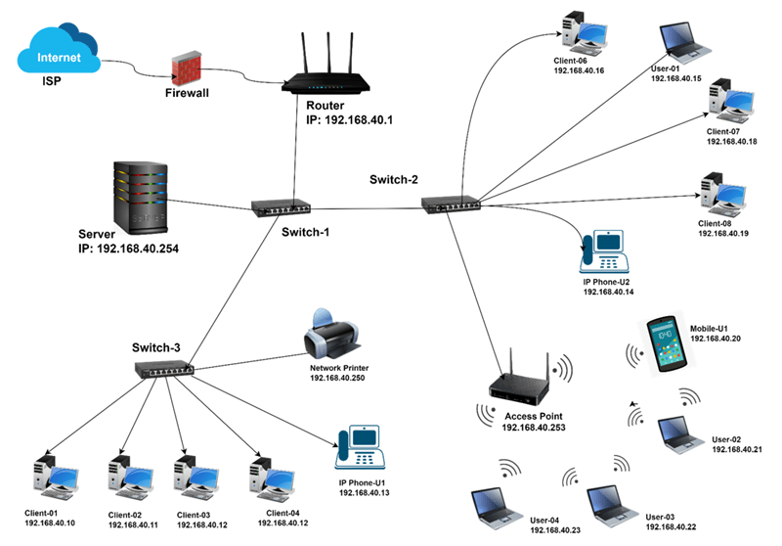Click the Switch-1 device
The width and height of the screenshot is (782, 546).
(x=282, y=207)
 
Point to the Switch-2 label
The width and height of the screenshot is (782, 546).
(x=394, y=180)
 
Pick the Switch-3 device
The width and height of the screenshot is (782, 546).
(x=164, y=368)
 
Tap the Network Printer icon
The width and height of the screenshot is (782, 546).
(x=330, y=336)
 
